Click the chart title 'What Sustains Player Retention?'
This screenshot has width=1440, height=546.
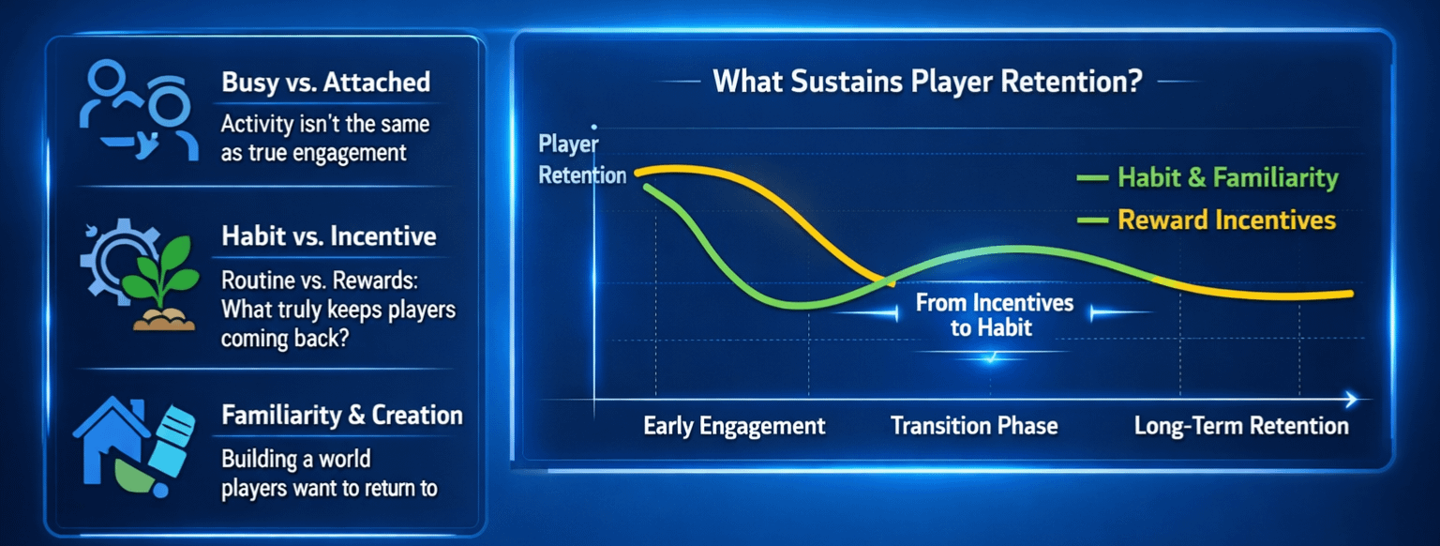coord(927,82)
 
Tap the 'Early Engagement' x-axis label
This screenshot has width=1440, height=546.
coord(734,426)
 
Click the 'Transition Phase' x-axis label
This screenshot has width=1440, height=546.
coord(974,426)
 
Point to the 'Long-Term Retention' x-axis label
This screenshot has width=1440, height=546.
coord(1241,426)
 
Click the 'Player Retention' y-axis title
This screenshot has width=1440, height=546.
coord(582,159)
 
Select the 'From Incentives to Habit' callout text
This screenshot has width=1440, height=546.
coord(994,315)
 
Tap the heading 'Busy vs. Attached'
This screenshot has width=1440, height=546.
coord(326,83)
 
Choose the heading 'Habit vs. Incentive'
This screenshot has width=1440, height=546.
coord(328,236)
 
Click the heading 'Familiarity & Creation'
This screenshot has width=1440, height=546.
coord(342,416)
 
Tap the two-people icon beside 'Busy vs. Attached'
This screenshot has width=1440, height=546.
coord(138,110)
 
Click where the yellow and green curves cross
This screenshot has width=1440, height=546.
coord(890,281)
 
